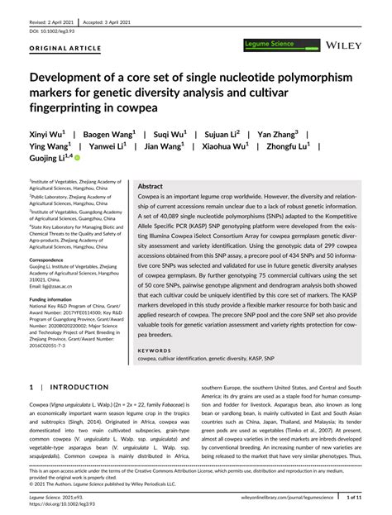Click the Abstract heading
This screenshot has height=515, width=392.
[x=151, y=188]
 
